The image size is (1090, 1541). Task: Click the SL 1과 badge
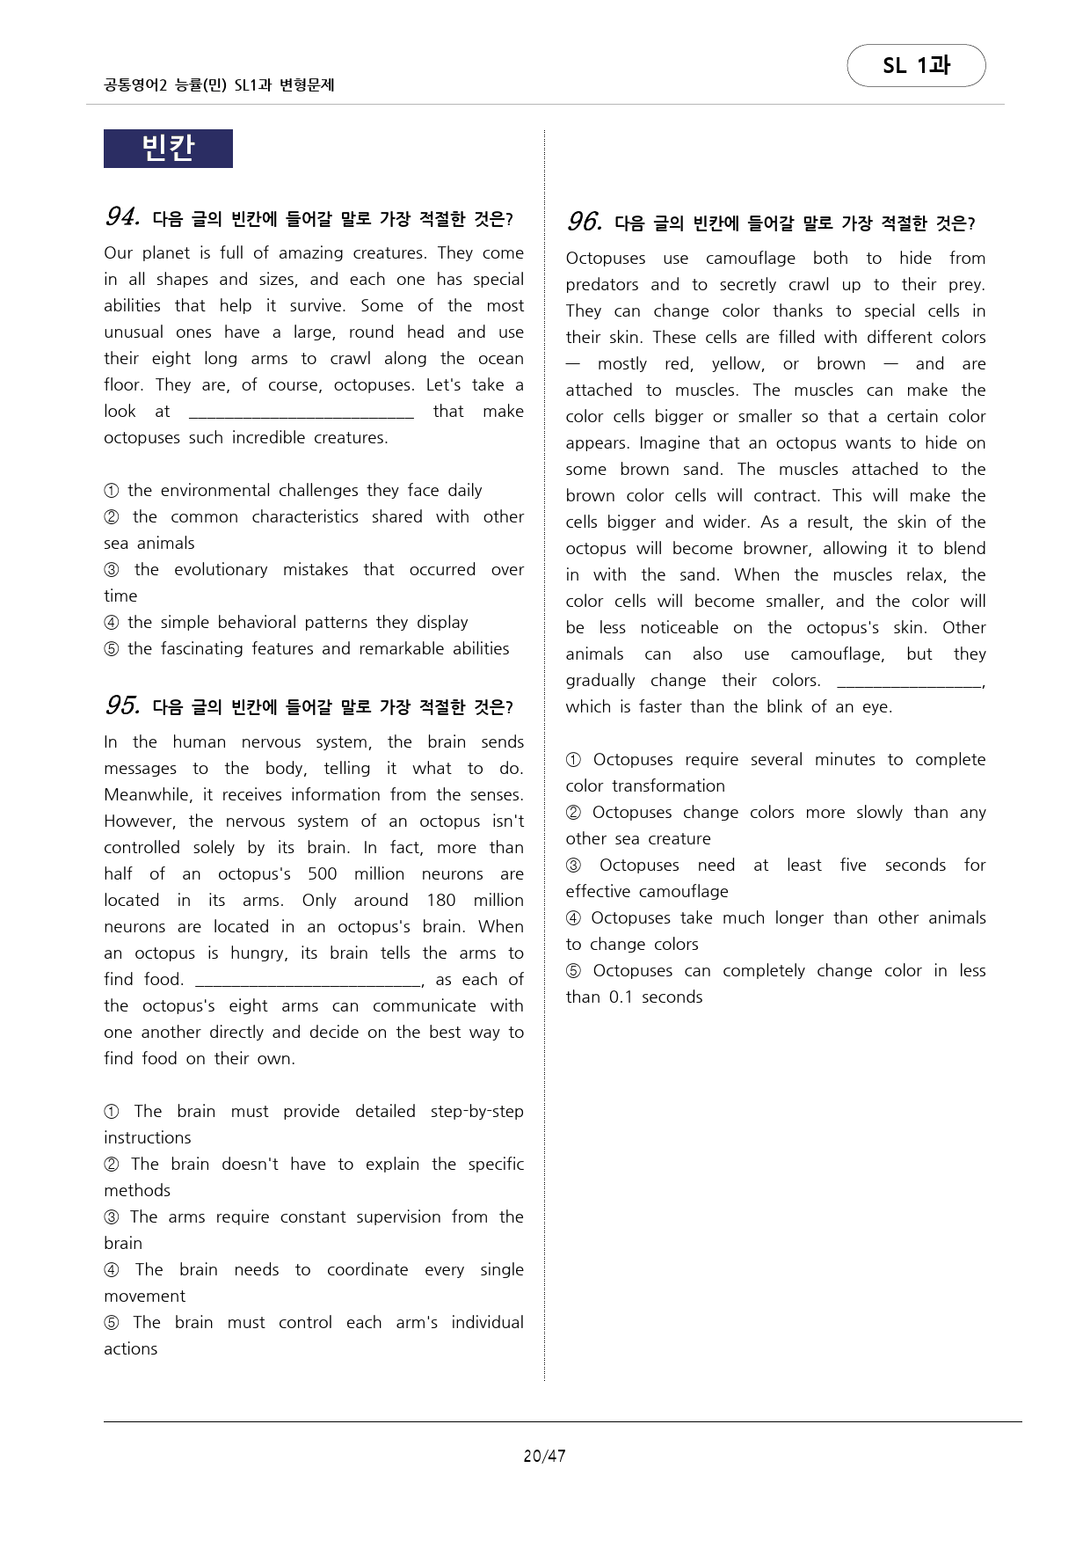point(916,66)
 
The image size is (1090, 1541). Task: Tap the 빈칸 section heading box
point(168,148)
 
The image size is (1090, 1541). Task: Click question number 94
point(123,216)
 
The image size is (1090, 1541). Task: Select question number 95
point(123,705)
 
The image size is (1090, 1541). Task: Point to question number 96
point(585,222)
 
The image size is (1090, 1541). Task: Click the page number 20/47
point(544,1456)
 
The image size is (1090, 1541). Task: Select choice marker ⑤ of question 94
point(112,649)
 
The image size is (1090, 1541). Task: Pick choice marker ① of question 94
point(112,491)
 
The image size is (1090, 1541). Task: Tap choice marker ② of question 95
point(112,1165)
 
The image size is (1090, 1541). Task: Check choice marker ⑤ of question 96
point(573,971)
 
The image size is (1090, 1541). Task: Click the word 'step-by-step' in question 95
point(476,1111)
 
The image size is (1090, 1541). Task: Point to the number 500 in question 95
point(322,873)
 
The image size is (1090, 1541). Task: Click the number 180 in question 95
point(440,900)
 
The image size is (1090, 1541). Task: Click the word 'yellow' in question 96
point(737,363)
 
